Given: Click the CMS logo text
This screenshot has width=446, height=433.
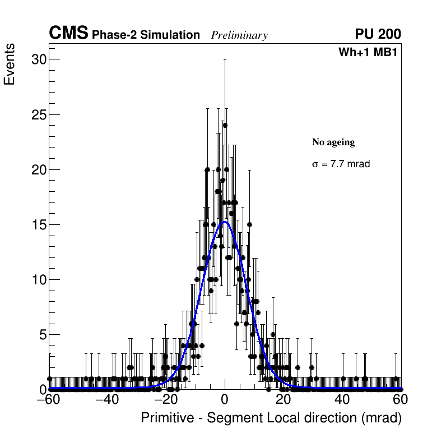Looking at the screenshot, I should (68, 34).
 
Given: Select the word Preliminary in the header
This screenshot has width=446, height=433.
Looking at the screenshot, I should (239, 35).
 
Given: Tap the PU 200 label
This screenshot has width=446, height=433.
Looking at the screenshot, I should (378, 34).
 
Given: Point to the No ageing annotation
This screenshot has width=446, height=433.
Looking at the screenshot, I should (333, 142).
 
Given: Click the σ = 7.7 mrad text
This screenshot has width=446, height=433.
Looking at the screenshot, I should (341, 164).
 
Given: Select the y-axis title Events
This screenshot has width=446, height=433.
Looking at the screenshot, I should (10, 65).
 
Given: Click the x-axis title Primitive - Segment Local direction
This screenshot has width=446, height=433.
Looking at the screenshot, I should (271, 418).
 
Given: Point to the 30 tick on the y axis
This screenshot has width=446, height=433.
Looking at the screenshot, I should (38, 59).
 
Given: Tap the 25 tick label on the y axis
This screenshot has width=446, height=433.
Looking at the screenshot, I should (38, 114).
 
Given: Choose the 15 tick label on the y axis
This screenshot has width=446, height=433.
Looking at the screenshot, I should (38, 224).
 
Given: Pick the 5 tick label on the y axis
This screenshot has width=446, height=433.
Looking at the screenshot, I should (41, 334).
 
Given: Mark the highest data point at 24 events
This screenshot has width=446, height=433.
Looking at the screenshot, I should (225, 126).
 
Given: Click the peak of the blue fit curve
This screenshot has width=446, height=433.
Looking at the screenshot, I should (225, 222).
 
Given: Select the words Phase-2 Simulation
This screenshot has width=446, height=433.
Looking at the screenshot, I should (146, 35).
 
